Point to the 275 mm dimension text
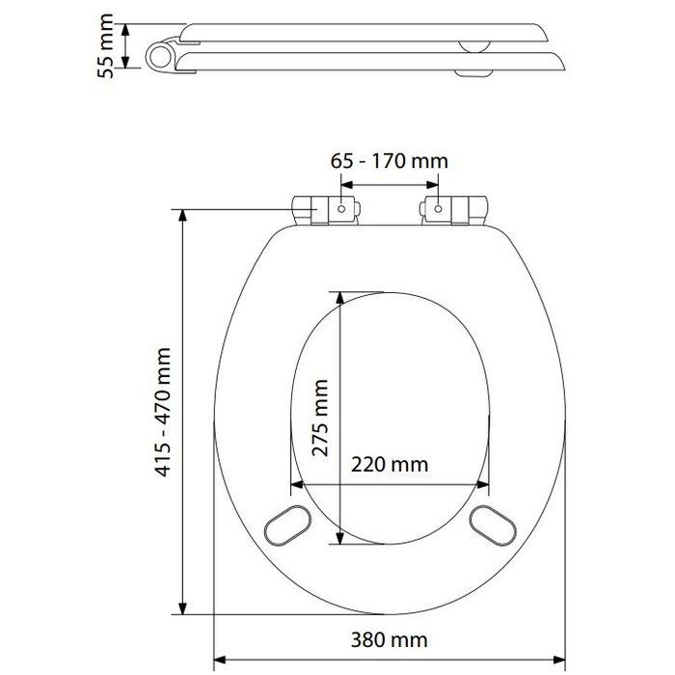320,417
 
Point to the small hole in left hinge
341,207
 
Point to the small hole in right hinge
439,207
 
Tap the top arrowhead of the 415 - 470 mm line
182,213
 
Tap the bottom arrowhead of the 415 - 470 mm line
182,609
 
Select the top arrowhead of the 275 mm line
340,293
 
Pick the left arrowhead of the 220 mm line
294,483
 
